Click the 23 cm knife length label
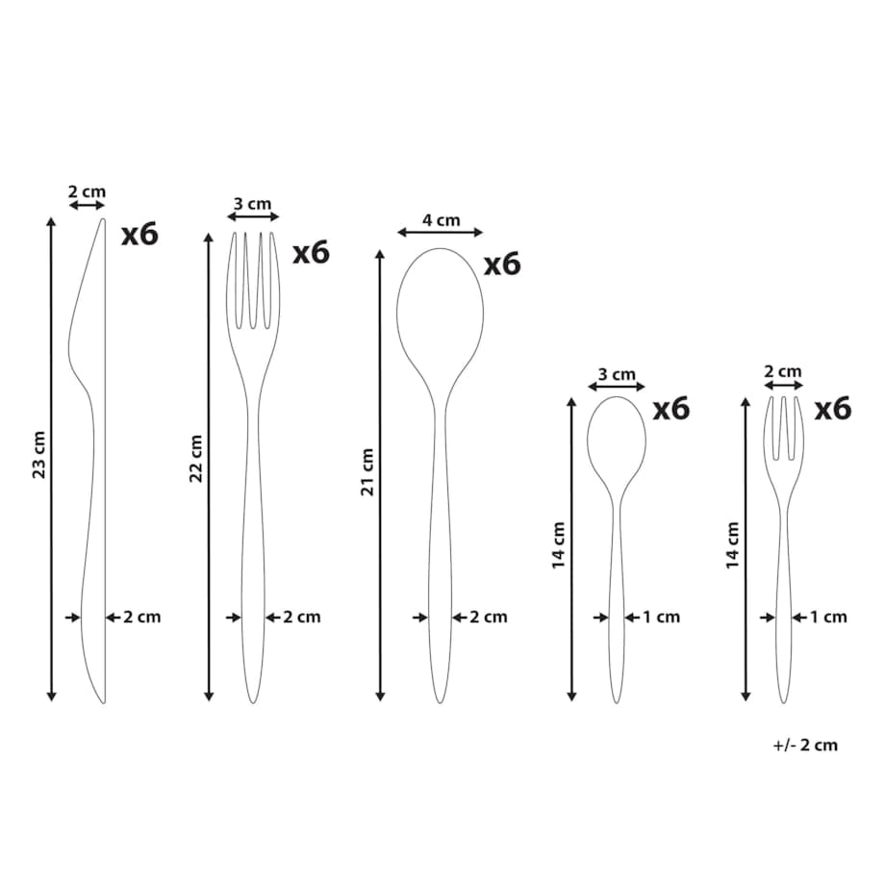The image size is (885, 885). (x=38, y=454)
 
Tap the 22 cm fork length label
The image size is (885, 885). (x=195, y=458)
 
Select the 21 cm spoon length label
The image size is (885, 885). (x=367, y=472)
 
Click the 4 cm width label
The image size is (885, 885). (x=441, y=220)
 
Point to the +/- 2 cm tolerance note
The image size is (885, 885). (x=805, y=745)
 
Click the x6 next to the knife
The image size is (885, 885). (x=140, y=234)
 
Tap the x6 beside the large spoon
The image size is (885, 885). (x=502, y=264)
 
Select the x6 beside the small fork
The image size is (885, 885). (x=832, y=408)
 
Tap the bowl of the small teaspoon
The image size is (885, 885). (x=617, y=442)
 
